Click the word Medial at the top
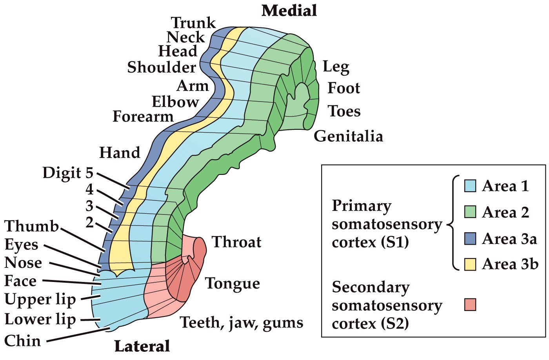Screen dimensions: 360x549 [289, 11]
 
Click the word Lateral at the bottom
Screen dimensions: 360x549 [142, 346]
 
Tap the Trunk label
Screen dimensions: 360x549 [193, 23]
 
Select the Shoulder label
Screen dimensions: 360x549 [162, 67]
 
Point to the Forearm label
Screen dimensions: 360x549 [143, 116]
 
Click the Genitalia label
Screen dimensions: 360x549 [348, 136]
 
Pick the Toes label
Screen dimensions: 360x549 [344, 111]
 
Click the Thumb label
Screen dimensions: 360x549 [31, 226]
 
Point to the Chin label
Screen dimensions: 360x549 [22, 340]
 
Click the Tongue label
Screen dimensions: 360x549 [233, 284]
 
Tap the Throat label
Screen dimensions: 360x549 [236, 242]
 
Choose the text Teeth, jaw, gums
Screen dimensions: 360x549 [242, 323]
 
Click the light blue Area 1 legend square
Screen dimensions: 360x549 [470, 186]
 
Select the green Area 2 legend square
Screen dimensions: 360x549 [470, 212]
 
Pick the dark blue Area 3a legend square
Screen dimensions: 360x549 [470, 238]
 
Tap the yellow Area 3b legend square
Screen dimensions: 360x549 [470, 264]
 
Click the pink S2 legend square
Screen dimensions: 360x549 [470, 305]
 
